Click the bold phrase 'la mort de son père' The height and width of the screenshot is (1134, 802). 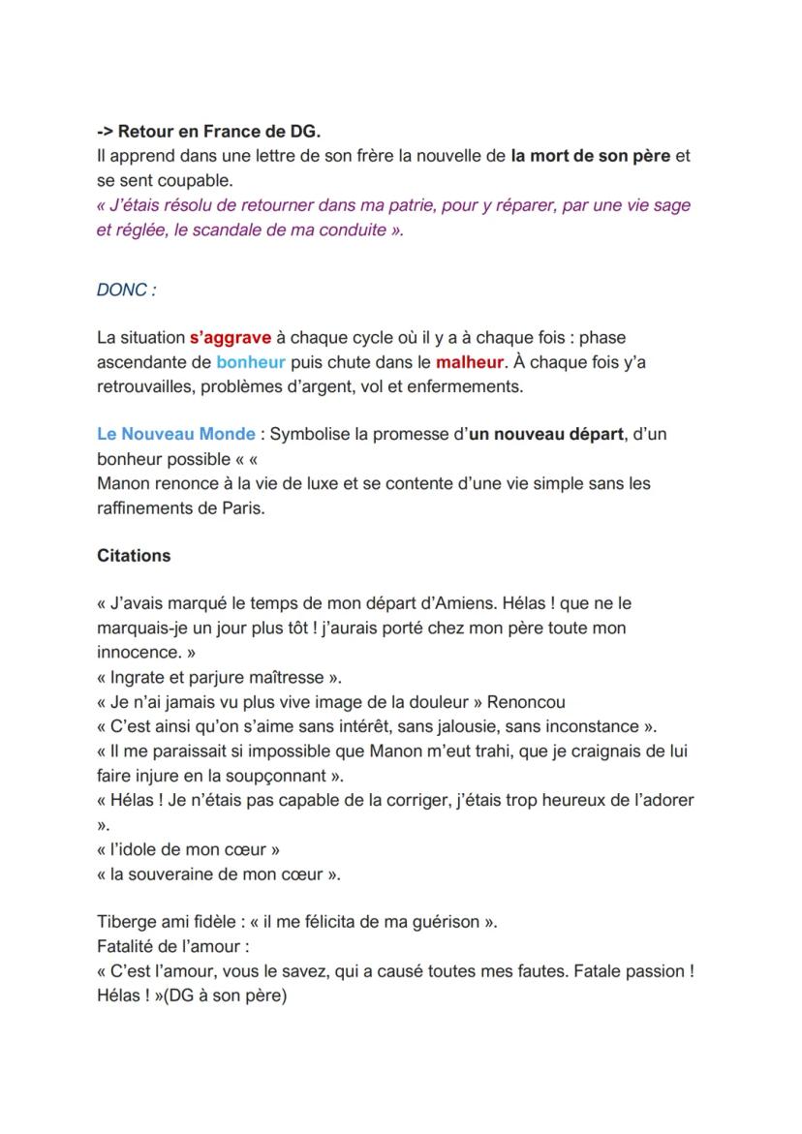pos(590,156)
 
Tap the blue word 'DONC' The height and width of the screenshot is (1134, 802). pos(124,290)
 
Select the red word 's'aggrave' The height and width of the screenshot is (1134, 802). pos(231,338)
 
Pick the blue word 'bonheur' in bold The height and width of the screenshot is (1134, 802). pos(251,362)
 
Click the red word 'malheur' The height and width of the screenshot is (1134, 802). pos(470,362)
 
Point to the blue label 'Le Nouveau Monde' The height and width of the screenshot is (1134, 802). pos(176,435)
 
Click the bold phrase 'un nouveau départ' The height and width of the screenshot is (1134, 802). pos(545,435)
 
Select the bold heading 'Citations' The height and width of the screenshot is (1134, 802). pos(134,556)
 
